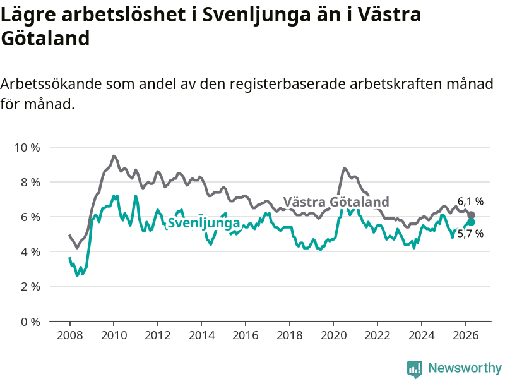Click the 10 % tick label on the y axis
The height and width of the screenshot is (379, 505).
coord(27,148)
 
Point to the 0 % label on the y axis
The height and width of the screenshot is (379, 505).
coord(30,322)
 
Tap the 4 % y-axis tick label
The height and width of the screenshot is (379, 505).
coord(30,251)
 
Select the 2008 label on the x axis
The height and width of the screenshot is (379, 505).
coord(69,335)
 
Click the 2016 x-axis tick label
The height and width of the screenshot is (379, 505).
coord(245,335)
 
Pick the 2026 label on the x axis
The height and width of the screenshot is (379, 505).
coord(465,335)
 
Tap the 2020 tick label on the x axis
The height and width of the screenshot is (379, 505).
coord(333,335)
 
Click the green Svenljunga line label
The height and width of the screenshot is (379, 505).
coord(204,223)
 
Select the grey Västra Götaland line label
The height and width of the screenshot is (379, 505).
coord(336,202)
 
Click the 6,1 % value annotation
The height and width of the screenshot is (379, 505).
coord(470,202)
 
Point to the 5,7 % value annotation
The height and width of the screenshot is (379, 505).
coord(470,233)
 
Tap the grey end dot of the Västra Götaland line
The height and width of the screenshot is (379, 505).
coord(471,215)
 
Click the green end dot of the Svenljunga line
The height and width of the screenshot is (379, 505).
coord(471,222)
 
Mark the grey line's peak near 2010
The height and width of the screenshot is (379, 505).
coord(114,156)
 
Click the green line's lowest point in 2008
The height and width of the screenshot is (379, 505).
coord(76,275)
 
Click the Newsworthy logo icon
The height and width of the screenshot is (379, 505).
coord(415,369)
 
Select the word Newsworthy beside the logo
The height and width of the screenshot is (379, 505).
coord(465,368)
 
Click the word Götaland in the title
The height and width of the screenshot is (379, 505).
coord(45,39)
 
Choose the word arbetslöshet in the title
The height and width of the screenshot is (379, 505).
coord(123,15)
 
